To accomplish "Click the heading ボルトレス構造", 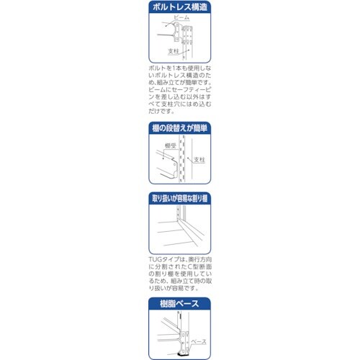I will click(x=179, y=9).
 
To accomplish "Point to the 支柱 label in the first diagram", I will click(x=173, y=51).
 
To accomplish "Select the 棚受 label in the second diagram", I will click(x=171, y=145).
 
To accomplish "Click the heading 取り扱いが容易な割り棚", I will click(x=179, y=197).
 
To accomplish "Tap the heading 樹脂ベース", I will click(x=179, y=304).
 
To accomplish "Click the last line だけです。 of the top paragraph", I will click(x=160, y=111).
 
